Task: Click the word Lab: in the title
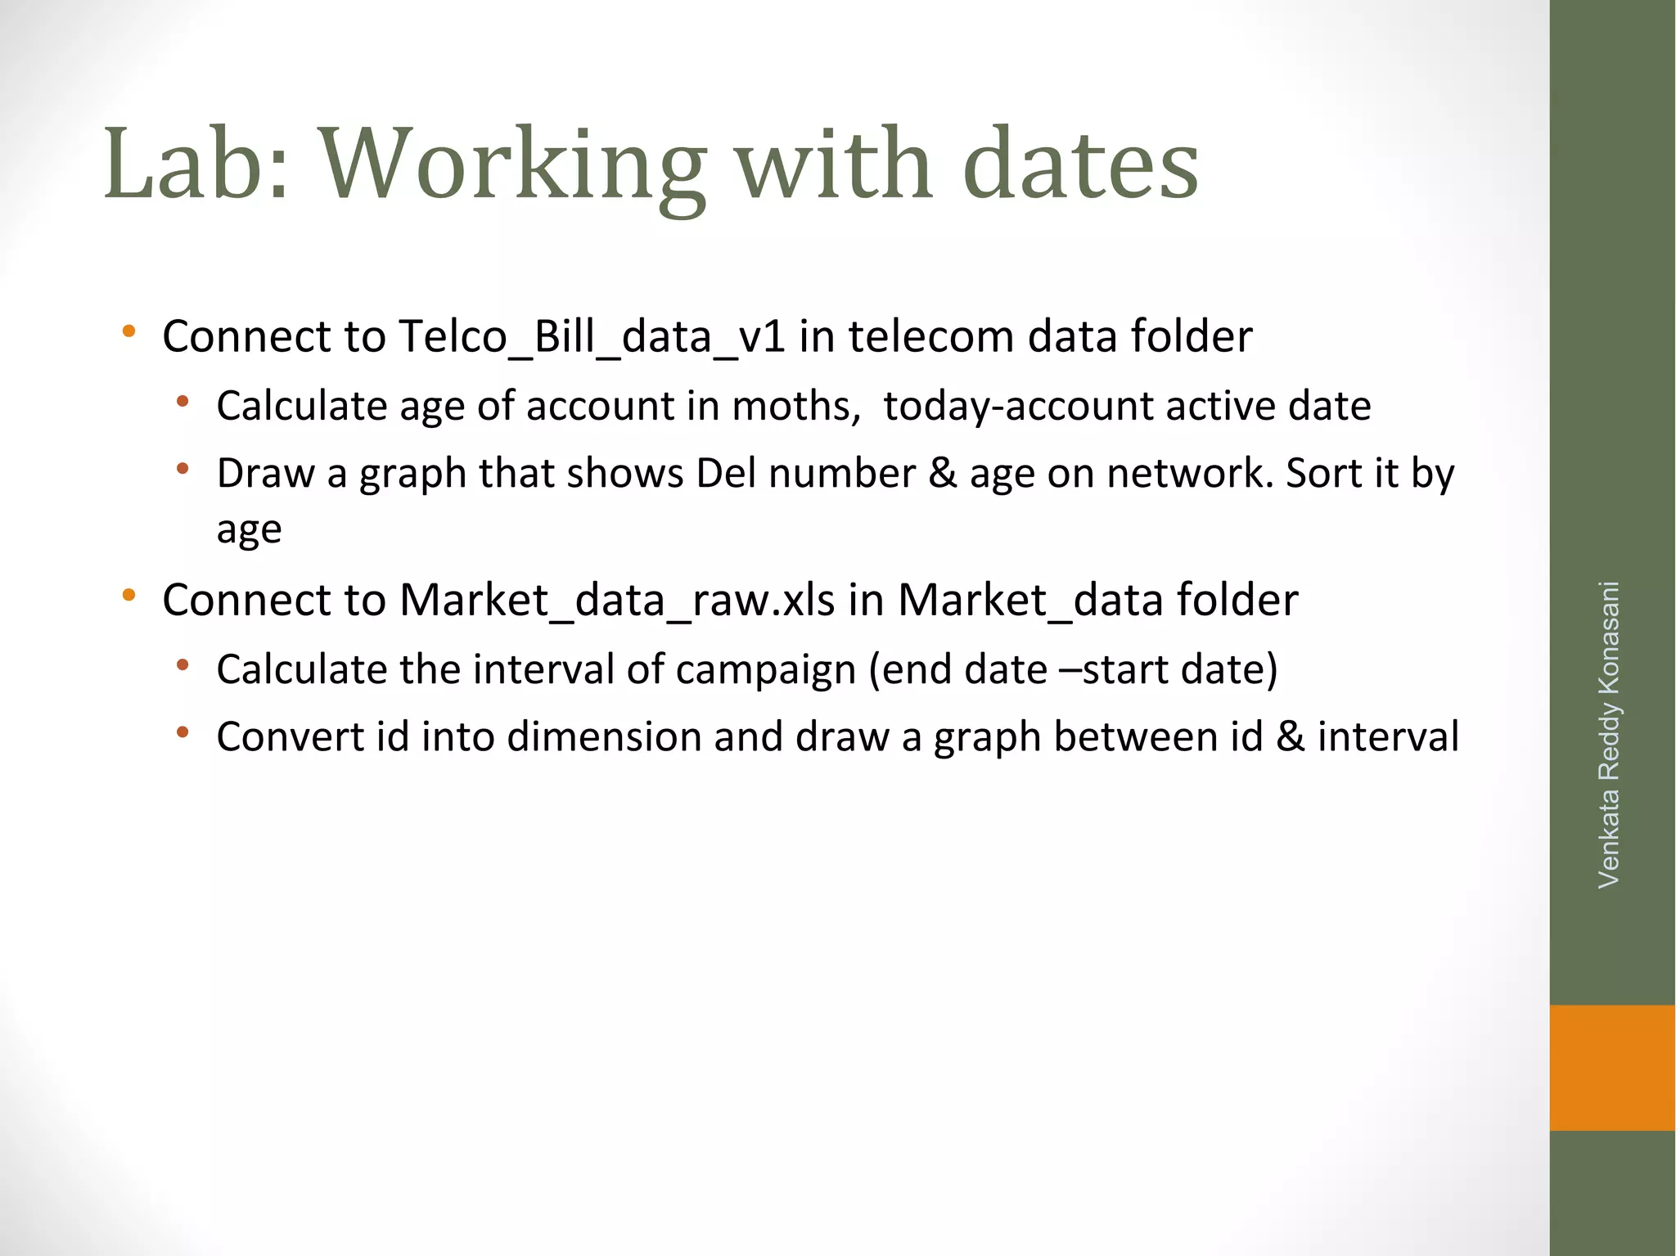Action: pos(196,164)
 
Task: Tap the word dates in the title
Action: pos(1080,164)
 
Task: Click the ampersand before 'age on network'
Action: pos(943,474)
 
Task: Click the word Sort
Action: pos(1318,474)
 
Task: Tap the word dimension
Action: pos(603,736)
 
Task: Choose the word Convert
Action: pos(290,736)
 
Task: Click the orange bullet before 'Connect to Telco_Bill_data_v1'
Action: pos(128,332)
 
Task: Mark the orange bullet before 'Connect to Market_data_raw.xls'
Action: pos(128,596)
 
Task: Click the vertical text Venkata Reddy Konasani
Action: pos(1609,734)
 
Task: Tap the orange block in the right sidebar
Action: pos(1612,1068)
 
